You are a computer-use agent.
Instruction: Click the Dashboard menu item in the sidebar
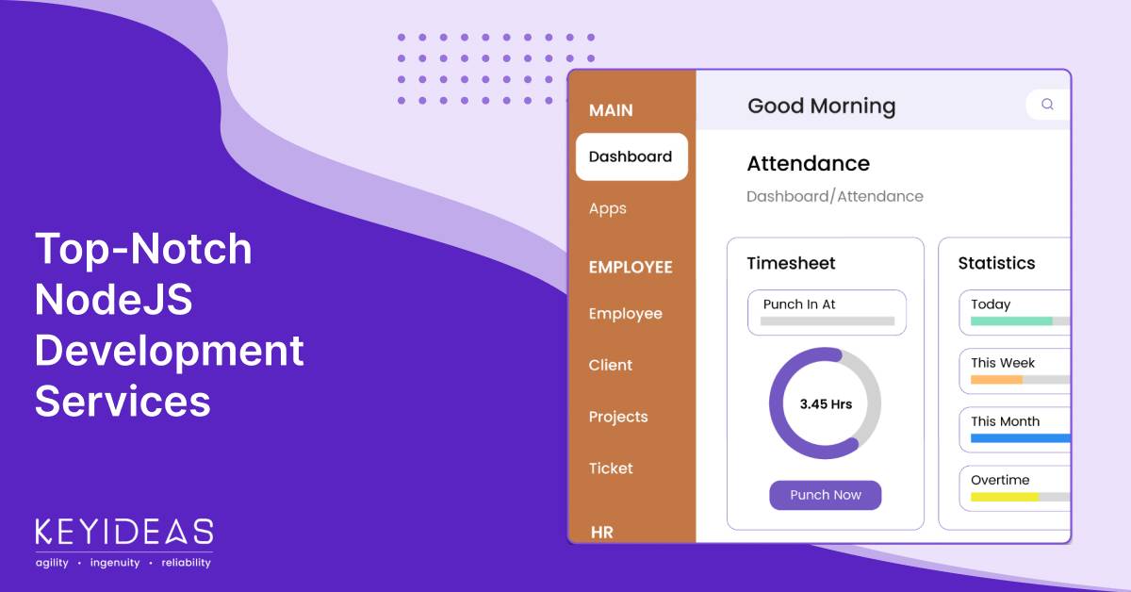tap(631, 156)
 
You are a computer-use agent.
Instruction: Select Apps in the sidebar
tap(607, 208)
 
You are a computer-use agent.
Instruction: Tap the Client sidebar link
tap(610, 365)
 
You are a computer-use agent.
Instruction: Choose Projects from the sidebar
tap(618, 417)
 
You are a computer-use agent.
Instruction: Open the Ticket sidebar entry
tap(611, 469)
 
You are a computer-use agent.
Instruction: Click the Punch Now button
tap(825, 495)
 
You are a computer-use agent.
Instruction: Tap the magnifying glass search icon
tap(1047, 104)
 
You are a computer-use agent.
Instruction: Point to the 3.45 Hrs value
tap(826, 404)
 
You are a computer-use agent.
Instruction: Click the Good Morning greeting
tap(822, 107)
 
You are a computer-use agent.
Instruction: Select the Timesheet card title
tap(791, 263)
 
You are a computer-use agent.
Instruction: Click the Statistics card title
tap(996, 263)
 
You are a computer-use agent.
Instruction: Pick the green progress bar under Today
tap(1011, 321)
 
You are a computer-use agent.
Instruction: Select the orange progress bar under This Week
tap(996, 380)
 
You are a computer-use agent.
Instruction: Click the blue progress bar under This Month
tap(1021, 438)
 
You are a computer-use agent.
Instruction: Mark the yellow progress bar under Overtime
tap(1005, 497)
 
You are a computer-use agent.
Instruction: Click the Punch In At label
tap(799, 304)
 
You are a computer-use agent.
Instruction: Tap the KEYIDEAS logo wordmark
tap(124, 532)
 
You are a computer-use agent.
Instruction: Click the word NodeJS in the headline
tap(114, 299)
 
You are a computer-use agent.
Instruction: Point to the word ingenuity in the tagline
tap(115, 563)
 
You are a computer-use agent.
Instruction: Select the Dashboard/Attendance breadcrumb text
tap(835, 196)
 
